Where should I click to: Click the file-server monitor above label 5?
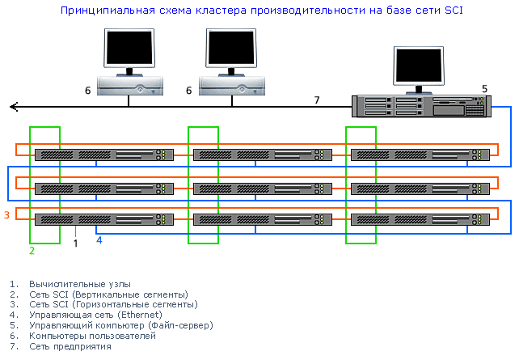(419, 66)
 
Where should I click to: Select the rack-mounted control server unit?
(421, 106)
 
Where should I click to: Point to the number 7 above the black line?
(317, 100)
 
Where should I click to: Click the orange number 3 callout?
(6, 214)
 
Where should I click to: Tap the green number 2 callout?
(32, 251)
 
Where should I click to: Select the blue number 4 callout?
(99, 240)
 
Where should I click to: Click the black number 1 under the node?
(75, 242)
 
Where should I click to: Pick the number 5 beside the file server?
(484, 88)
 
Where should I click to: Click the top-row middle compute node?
(263, 154)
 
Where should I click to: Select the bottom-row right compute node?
(420, 219)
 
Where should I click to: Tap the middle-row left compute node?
(104, 188)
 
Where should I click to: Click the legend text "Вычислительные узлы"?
(79, 284)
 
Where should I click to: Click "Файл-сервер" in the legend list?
(182, 325)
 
